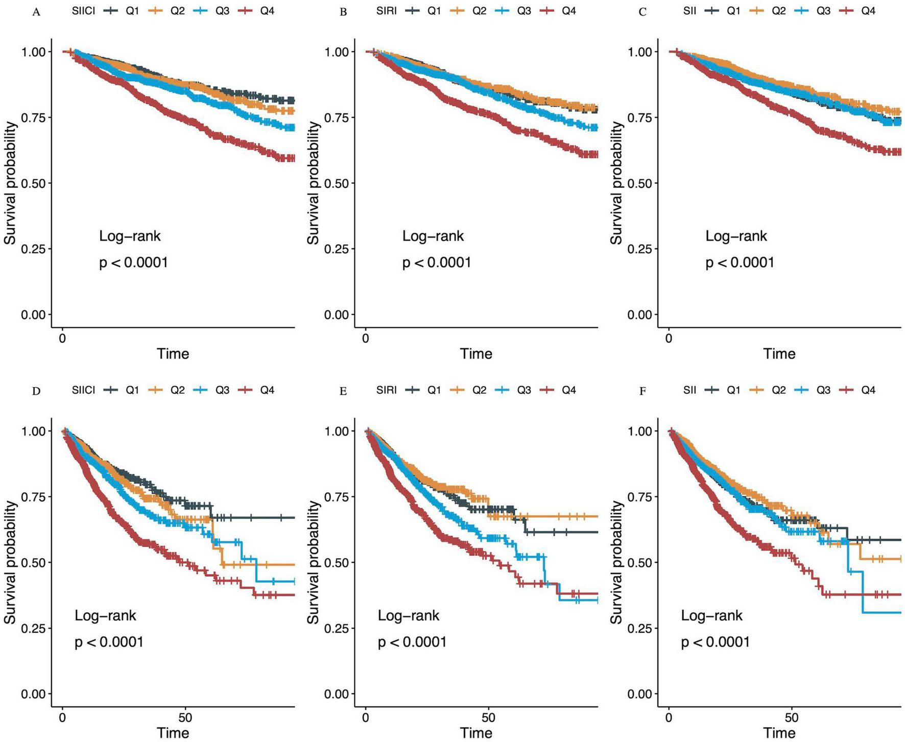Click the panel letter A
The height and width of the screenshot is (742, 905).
click(36, 12)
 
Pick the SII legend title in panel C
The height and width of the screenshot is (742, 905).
click(689, 11)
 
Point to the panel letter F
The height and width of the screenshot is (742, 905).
click(642, 392)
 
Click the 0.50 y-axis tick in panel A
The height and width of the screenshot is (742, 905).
click(33, 183)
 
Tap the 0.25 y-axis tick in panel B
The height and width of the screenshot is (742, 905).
click(337, 249)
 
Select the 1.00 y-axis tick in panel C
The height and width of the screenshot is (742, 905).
click(640, 52)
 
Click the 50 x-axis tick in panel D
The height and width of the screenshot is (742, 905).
click(185, 717)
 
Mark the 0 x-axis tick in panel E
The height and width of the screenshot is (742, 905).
click(366, 717)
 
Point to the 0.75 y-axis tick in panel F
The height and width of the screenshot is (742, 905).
click(640, 497)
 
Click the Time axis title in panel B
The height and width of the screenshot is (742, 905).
click(476, 353)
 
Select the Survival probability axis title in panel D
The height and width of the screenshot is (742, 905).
click(10, 562)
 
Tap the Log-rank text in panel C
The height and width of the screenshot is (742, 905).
click(736, 236)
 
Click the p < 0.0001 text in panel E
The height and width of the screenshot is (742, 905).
click(412, 642)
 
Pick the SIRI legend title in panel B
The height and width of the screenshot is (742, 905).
click(387, 11)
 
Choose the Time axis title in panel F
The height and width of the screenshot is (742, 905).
click(779, 733)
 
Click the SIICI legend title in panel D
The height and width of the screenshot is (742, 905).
click(84, 390)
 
